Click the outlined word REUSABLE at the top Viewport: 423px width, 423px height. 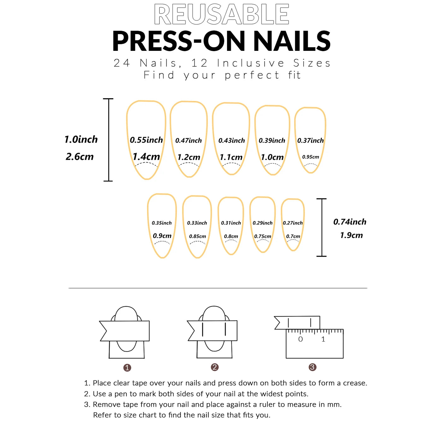221,15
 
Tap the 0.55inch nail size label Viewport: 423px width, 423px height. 146,140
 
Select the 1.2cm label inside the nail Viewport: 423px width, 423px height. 189,157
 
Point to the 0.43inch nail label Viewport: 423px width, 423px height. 231,140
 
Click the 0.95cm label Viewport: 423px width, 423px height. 311,157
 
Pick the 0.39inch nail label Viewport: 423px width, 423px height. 272,140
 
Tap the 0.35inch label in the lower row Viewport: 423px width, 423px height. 162,223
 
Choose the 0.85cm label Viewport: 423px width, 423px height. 197,236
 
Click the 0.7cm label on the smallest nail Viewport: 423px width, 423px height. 293,236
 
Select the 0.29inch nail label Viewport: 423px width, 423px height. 262,223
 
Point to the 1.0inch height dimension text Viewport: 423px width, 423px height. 81,139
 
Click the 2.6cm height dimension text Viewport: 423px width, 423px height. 80,157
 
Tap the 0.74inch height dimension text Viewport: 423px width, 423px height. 350,222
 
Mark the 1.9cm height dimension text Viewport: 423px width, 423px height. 351,235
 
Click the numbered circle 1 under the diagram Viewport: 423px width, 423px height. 127,367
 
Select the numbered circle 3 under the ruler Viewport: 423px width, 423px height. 312,367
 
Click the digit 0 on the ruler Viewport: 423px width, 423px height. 300,339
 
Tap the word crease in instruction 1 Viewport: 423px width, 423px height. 354,383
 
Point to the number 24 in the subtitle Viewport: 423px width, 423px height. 122,63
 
